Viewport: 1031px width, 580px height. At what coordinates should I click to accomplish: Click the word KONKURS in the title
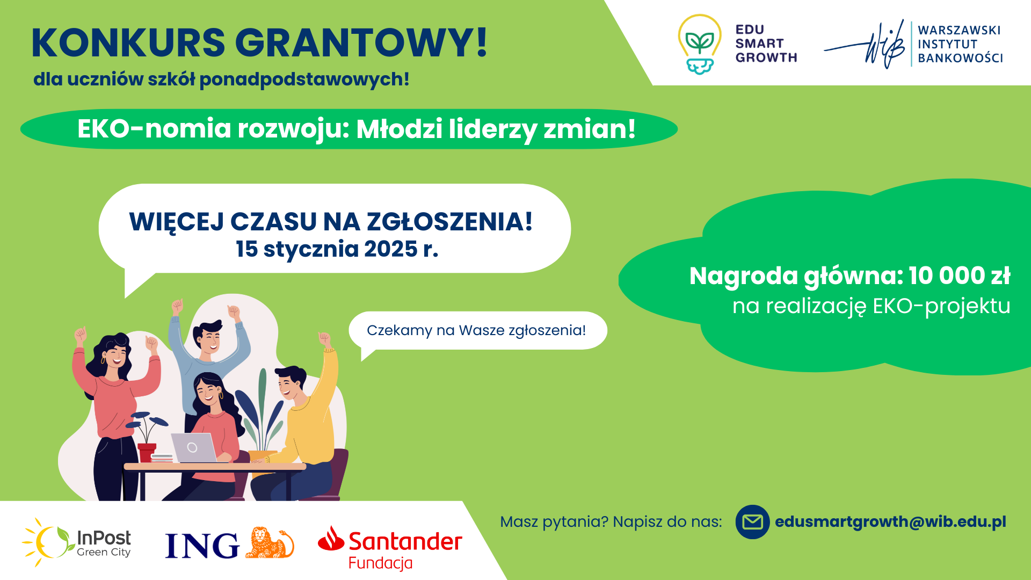[x=128, y=42]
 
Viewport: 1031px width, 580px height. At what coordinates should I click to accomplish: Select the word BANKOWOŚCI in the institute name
[x=960, y=58]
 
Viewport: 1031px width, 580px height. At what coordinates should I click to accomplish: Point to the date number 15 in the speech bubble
[x=246, y=249]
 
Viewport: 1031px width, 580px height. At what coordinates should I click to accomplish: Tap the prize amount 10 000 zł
[x=959, y=275]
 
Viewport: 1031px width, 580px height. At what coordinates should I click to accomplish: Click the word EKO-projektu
[x=941, y=306]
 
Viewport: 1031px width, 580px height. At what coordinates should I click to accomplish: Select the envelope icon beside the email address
[x=752, y=521]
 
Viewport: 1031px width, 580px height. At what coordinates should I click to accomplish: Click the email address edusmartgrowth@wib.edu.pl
[x=890, y=522]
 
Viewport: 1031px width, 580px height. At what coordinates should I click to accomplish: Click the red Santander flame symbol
[x=331, y=539]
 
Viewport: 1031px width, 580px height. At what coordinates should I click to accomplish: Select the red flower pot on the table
[x=147, y=452]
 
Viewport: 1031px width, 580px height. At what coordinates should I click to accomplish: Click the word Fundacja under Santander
[x=381, y=563]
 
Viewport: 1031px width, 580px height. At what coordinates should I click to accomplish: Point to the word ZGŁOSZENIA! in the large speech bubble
[x=450, y=222]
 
